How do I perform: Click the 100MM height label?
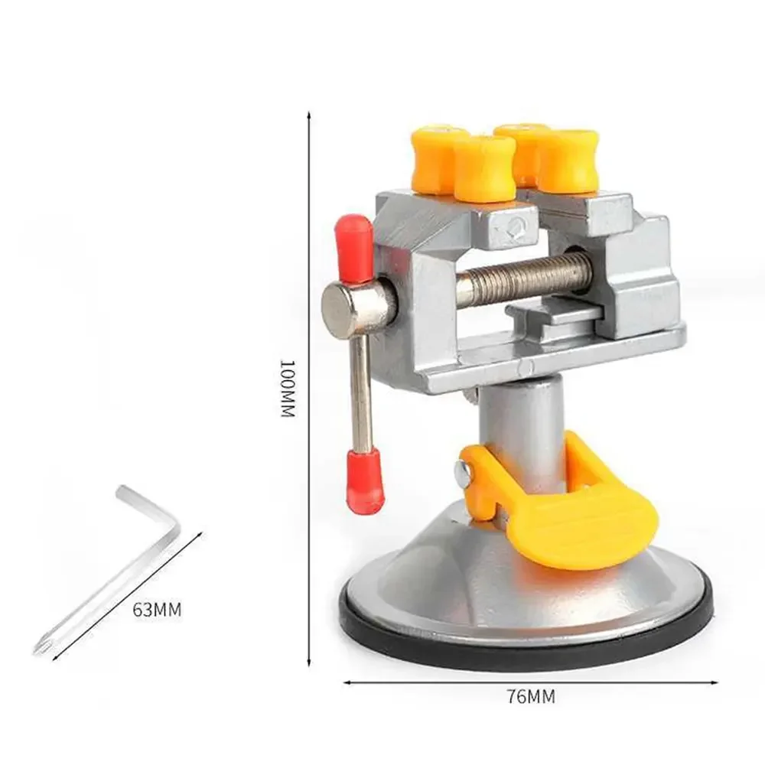[287, 388]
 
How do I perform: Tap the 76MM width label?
[530, 696]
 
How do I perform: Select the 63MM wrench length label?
[157, 610]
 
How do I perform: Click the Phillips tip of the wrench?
[40, 646]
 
